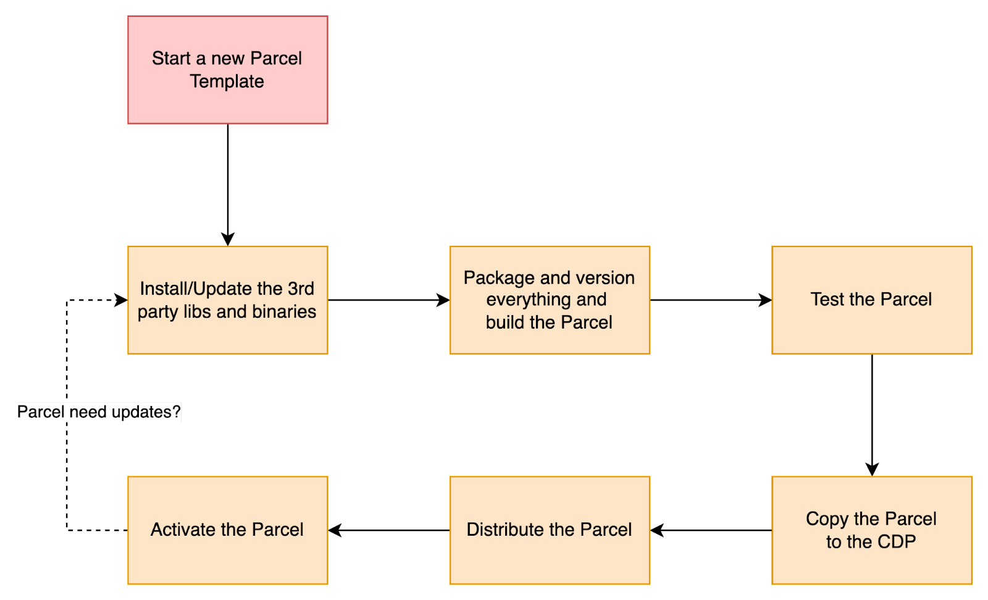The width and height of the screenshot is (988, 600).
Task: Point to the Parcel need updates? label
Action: tap(99, 412)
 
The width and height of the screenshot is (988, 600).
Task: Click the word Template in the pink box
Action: tap(227, 82)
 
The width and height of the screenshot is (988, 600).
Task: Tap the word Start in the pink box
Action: tap(171, 59)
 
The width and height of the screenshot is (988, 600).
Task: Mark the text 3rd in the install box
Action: tap(301, 289)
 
